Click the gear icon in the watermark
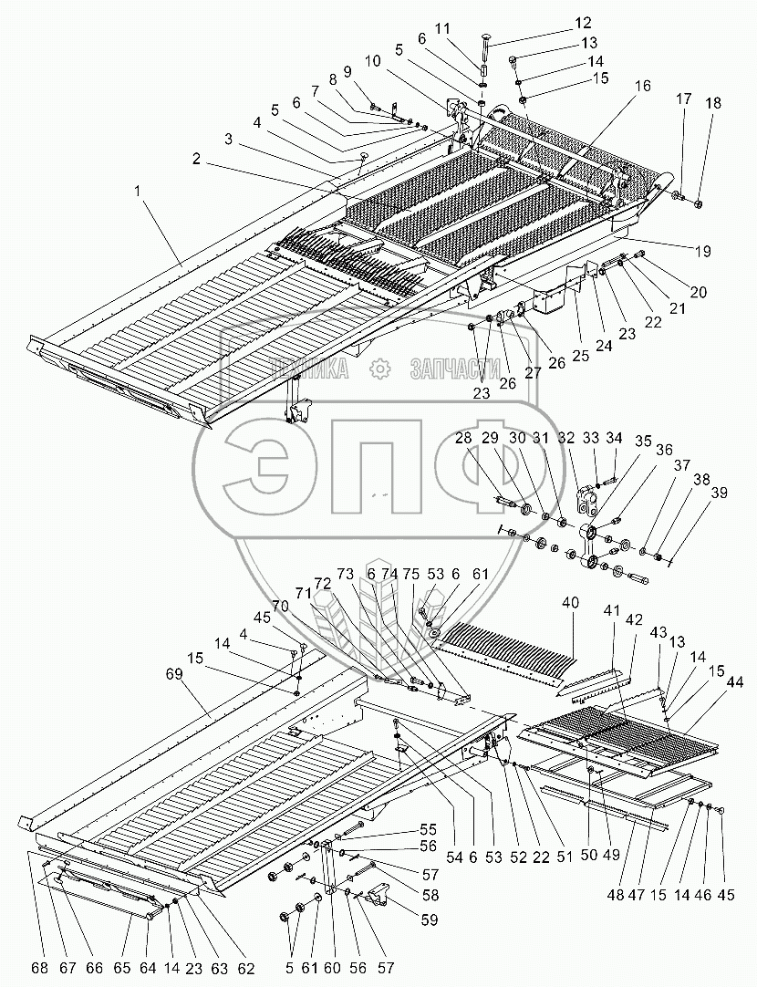[378, 369]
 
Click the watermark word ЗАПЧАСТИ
[455, 369]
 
